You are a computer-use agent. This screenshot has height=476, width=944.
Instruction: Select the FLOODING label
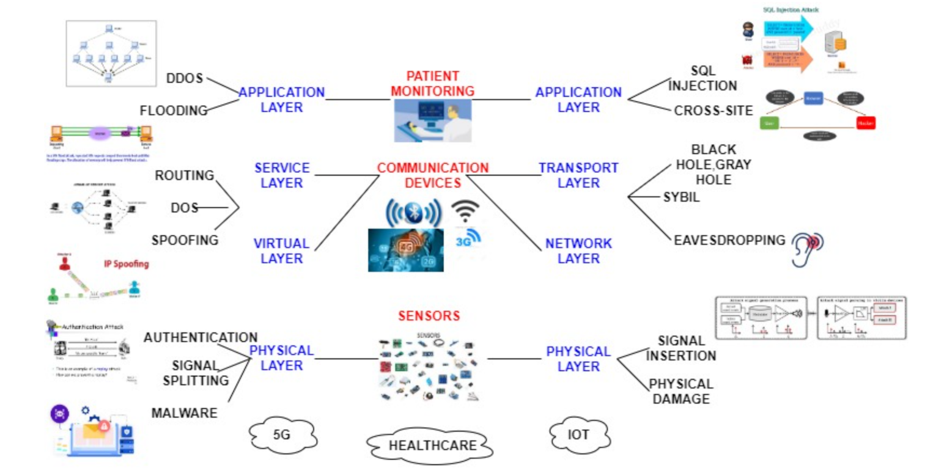pyautogui.click(x=174, y=111)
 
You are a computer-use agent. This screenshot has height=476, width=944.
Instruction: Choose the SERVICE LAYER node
pyautogui.click(x=282, y=175)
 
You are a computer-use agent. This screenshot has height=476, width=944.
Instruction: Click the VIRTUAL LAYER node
pyautogui.click(x=282, y=251)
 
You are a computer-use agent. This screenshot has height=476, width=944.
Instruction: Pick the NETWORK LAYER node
pyautogui.click(x=578, y=251)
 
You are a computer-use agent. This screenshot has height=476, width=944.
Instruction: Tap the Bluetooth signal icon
pyautogui.click(x=413, y=213)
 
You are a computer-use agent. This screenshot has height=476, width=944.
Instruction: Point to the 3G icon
pyautogui.click(x=468, y=239)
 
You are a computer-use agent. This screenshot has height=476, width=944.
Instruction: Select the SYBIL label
pyautogui.click(x=680, y=197)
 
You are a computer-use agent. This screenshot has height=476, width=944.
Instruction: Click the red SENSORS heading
pyautogui.click(x=429, y=316)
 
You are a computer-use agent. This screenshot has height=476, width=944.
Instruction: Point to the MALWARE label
pyautogui.click(x=184, y=413)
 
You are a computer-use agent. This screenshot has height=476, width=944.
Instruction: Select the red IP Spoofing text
pyautogui.click(x=125, y=265)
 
